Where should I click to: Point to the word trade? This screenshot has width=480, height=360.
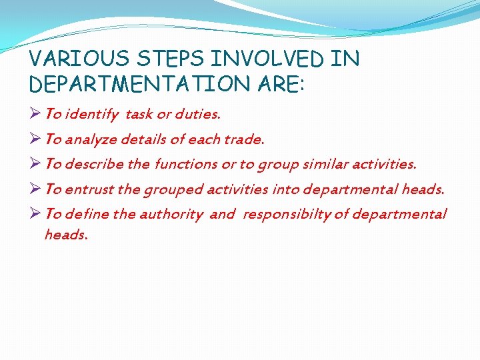(244, 139)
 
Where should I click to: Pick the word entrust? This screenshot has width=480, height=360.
(90, 189)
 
